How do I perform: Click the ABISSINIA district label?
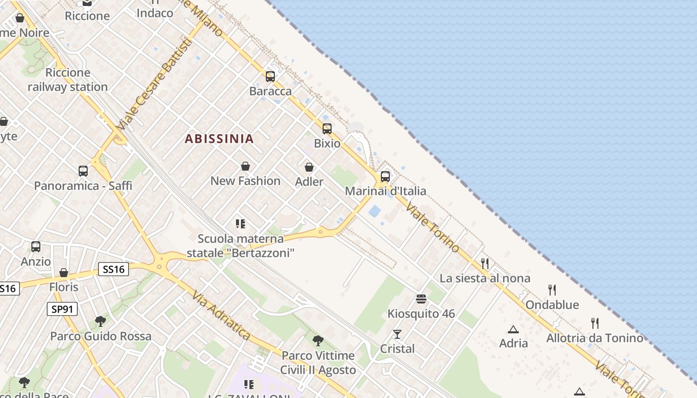[219, 139]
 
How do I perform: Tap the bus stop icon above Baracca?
[270, 77]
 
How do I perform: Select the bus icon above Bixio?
[327, 129]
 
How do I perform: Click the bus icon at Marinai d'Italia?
[385, 176]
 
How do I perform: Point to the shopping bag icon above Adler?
[309, 167]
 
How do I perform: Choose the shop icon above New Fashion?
[245, 166]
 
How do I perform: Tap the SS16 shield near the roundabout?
[114, 269]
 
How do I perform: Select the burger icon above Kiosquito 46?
[421, 299]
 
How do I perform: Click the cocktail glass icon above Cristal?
[397, 334]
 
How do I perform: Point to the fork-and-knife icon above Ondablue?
[552, 290]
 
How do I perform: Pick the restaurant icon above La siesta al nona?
[485, 263]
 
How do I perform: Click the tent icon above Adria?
[513, 329]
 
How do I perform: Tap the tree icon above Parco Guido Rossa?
[101, 321]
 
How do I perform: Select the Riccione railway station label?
[68, 80]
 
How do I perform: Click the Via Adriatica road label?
[221, 316]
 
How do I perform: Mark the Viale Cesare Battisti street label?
[154, 85]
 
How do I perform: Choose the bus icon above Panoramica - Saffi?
[83, 171]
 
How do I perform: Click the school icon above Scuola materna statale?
[241, 224]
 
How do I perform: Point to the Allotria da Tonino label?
[594, 338]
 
